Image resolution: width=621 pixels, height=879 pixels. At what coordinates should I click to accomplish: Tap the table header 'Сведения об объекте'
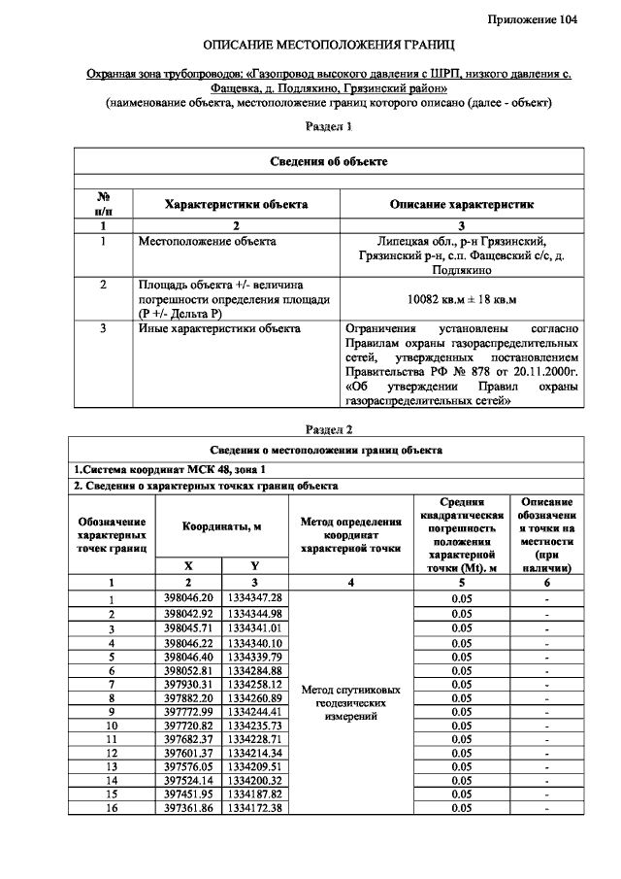[327, 162]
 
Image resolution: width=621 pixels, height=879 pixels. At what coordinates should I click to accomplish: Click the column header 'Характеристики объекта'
[236, 205]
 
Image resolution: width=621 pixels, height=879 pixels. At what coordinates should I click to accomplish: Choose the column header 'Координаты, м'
[224, 525]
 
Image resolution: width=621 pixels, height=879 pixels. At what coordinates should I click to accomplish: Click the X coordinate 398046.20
[190, 598]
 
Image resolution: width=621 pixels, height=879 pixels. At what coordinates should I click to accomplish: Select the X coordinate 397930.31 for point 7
[190, 685]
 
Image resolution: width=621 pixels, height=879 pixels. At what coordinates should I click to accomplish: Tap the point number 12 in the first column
[112, 753]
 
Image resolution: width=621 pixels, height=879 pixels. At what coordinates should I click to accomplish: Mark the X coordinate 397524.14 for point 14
[190, 780]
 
